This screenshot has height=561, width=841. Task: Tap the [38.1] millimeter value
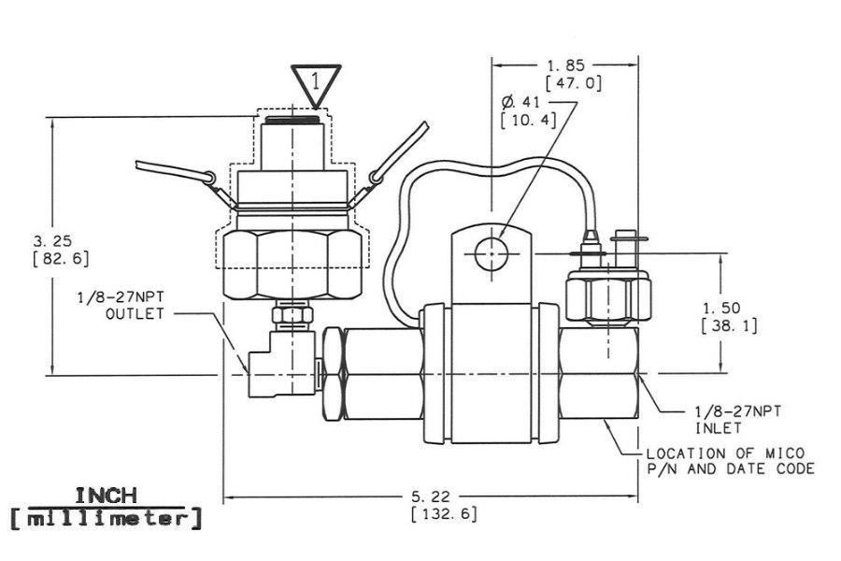pos(728,326)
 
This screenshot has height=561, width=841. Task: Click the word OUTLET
pos(135,314)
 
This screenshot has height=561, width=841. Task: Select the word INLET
pos(717,428)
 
